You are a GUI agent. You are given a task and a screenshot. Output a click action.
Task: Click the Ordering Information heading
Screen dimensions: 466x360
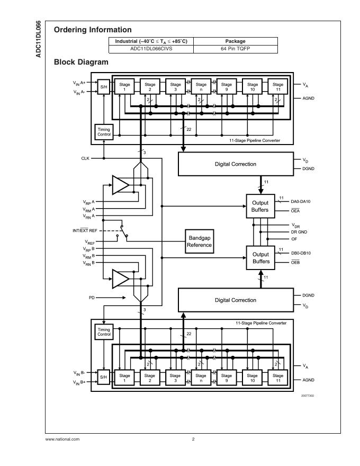click(93, 30)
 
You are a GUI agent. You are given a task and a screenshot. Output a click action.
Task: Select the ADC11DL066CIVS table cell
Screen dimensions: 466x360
click(151, 48)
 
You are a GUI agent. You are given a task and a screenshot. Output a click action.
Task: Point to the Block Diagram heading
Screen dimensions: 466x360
click(81, 62)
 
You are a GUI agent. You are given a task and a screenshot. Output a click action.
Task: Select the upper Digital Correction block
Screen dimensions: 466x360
click(235, 164)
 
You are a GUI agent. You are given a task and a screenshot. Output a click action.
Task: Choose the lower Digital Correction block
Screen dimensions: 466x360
click(235, 300)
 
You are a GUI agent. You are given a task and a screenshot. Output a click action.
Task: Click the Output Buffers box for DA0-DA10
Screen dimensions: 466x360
click(260, 206)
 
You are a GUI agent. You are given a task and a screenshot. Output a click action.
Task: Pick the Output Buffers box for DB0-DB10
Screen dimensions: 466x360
click(260, 258)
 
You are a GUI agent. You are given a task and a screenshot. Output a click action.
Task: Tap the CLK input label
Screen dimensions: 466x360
click(85, 158)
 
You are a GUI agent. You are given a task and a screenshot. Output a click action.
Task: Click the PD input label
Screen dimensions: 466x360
click(92, 298)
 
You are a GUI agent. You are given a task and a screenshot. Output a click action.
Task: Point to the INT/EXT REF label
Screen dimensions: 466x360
click(85, 230)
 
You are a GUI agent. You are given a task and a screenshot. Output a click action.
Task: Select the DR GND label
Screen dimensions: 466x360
click(299, 232)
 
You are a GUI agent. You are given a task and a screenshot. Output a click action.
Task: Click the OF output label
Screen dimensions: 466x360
click(294, 239)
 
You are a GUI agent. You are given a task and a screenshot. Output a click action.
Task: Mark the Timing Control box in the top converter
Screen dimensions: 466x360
click(104, 132)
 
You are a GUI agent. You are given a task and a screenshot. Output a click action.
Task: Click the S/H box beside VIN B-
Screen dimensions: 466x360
click(104, 378)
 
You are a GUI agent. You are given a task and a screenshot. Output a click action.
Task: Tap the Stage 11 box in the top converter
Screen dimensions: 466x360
click(278, 86)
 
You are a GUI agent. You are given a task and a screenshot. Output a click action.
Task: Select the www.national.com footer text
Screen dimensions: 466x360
click(62, 439)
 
